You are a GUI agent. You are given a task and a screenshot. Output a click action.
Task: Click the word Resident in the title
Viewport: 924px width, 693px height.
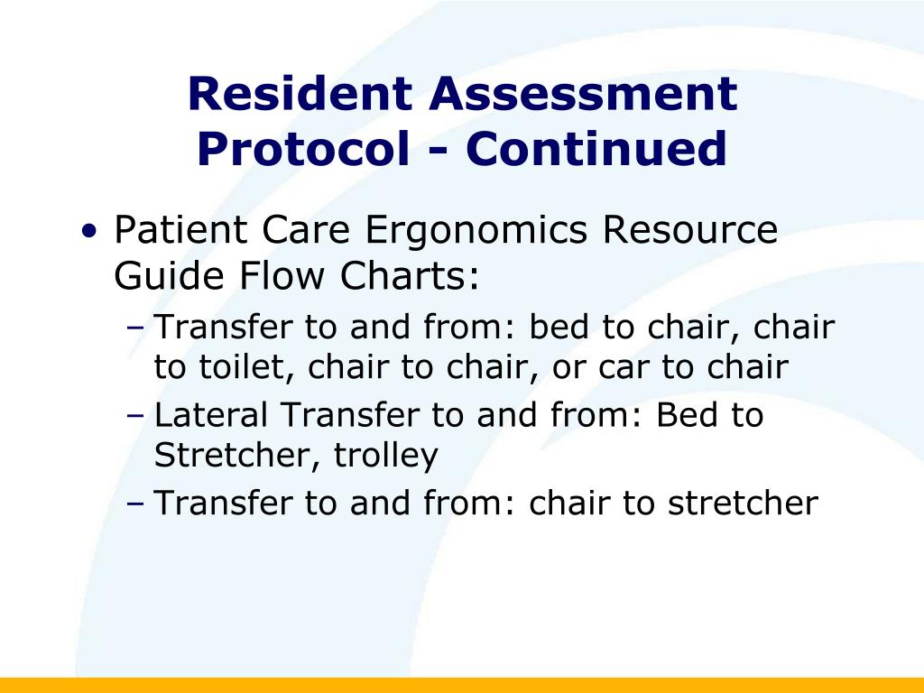[300, 93]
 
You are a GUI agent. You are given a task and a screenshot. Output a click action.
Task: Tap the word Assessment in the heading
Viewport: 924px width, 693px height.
[584, 93]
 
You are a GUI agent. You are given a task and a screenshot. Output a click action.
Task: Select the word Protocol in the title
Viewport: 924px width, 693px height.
[303, 149]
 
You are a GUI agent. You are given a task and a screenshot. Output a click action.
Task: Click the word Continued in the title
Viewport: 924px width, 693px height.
[596, 148]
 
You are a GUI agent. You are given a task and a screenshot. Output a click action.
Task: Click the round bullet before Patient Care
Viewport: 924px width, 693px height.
[89, 230]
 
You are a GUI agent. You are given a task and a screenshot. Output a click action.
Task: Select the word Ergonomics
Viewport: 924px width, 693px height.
[476, 231]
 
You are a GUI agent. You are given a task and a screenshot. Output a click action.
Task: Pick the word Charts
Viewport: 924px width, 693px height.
[410, 275]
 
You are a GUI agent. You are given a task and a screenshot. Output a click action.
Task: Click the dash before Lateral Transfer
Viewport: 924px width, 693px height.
[135, 415]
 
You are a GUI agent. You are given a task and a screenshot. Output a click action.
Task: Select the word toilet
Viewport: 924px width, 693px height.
[246, 366]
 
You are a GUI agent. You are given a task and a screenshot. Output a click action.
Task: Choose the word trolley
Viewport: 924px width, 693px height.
[386, 457]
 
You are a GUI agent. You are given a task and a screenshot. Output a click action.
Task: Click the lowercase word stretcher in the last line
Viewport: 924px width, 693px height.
[744, 503]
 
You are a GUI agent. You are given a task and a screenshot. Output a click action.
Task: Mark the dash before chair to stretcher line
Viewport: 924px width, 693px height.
[135, 504]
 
